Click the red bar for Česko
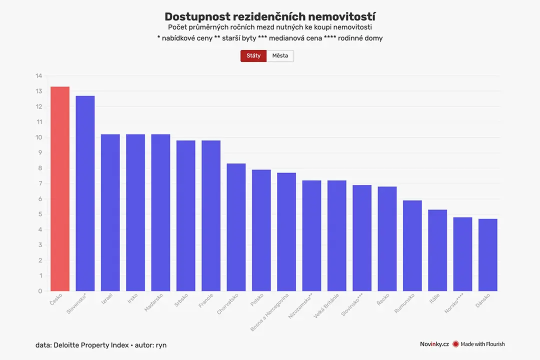pos(60,189)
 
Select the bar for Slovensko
pos(85,193)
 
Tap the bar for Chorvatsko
pos(236,227)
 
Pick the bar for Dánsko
pos(488,255)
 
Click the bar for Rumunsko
pos(412,245)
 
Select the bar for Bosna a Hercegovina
pos(286,232)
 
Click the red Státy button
pos(253,56)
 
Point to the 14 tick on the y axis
pos(38,76)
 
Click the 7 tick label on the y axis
pos(40,183)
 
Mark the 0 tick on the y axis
pos(40,291)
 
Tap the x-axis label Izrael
pos(107,298)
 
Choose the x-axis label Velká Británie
pos(326,305)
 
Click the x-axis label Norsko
pos(454,303)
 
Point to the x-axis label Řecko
pos(383,299)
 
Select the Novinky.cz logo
pos(434,344)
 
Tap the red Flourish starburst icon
pos(455,344)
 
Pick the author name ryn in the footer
pos(161,345)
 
